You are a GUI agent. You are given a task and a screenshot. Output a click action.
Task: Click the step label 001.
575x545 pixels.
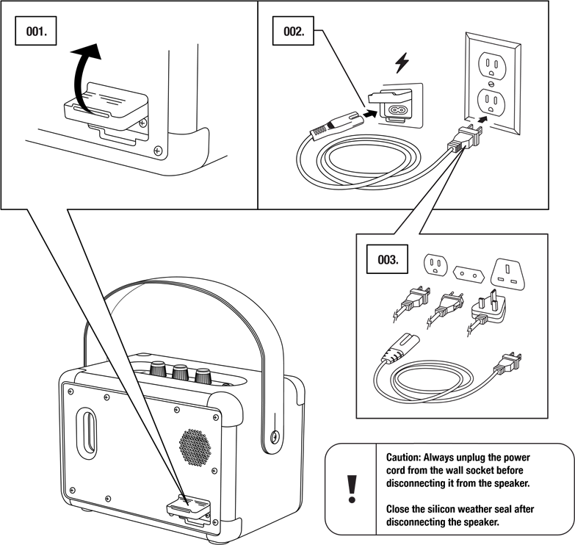click(x=36, y=31)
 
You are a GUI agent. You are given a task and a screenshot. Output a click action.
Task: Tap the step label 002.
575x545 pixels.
click(x=293, y=31)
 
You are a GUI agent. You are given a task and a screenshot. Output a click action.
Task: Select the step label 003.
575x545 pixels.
click(x=387, y=259)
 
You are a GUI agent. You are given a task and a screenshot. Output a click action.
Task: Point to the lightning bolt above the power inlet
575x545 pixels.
click(x=402, y=63)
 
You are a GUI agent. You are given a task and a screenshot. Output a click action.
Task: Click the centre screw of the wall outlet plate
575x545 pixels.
click(x=491, y=83)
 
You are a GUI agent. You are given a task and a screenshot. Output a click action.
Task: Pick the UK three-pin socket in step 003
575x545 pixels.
click(x=510, y=273)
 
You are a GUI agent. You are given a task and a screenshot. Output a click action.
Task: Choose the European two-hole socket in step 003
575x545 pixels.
click(x=469, y=274)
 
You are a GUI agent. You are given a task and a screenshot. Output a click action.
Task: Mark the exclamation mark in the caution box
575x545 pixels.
click(x=352, y=489)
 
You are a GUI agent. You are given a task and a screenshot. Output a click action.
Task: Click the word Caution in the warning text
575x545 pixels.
click(x=403, y=458)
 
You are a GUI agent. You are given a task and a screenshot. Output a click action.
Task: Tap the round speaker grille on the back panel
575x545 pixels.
click(x=195, y=447)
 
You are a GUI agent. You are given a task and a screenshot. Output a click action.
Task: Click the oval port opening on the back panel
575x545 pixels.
click(x=87, y=433)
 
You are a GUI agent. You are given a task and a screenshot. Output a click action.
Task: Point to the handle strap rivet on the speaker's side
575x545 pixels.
click(x=274, y=436)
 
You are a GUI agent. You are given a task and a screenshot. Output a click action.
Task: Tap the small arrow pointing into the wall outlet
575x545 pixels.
click(x=483, y=120)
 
